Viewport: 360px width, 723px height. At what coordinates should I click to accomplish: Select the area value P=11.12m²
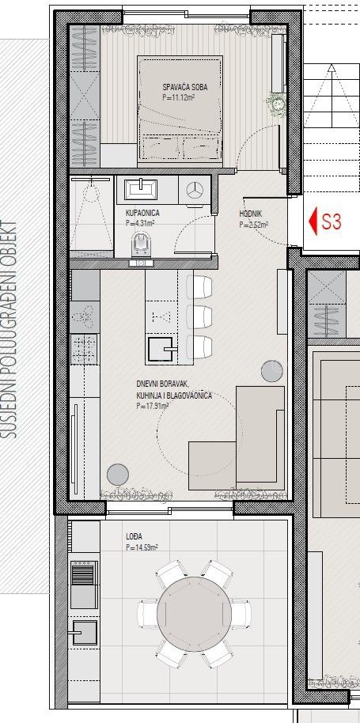(x=178, y=99)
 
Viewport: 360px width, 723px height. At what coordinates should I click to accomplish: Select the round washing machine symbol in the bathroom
(x=195, y=189)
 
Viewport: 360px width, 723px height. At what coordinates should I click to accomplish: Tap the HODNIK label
(x=252, y=214)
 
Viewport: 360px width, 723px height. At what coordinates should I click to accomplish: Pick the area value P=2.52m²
(x=253, y=224)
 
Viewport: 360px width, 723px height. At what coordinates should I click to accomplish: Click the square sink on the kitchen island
(x=160, y=346)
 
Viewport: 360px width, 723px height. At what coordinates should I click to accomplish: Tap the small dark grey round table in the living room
(x=117, y=474)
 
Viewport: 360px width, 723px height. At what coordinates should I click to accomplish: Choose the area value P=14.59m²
(x=142, y=547)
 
